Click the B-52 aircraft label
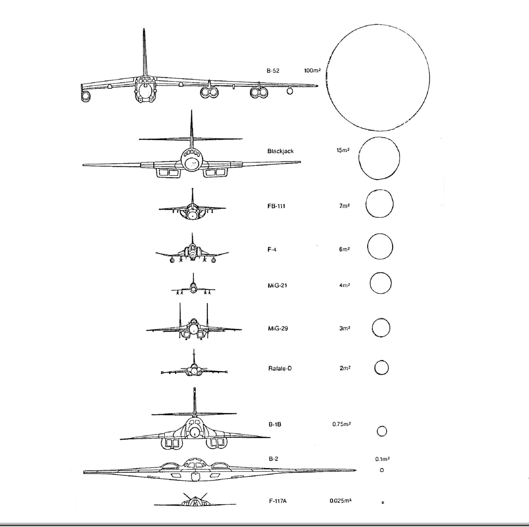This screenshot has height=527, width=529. pyautogui.click(x=273, y=70)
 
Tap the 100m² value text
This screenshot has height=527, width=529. pyautogui.click(x=312, y=70)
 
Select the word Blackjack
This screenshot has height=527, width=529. pyautogui.click(x=280, y=151)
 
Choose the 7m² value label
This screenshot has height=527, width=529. pyautogui.click(x=344, y=206)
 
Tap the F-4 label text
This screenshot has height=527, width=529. pyautogui.click(x=272, y=249)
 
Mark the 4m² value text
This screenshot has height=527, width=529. pyautogui.click(x=345, y=285)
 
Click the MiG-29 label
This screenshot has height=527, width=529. pyautogui.click(x=278, y=329)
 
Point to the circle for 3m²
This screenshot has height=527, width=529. pyautogui.click(x=381, y=328)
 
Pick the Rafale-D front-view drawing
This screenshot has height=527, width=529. pyautogui.click(x=194, y=369)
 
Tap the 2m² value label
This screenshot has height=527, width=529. pyautogui.click(x=345, y=368)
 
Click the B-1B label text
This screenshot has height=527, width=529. pyautogui.click(x=275, y=424)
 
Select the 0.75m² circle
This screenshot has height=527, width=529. pyautogui.click(x=382, y=431)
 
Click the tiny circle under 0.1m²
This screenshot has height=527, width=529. pyautogui.click(x=382, y=470)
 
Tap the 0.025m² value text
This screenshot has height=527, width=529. pyautogui.click(x=340, y=501)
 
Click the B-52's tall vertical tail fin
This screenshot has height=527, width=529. pyautogui.click(x=144, y=53)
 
